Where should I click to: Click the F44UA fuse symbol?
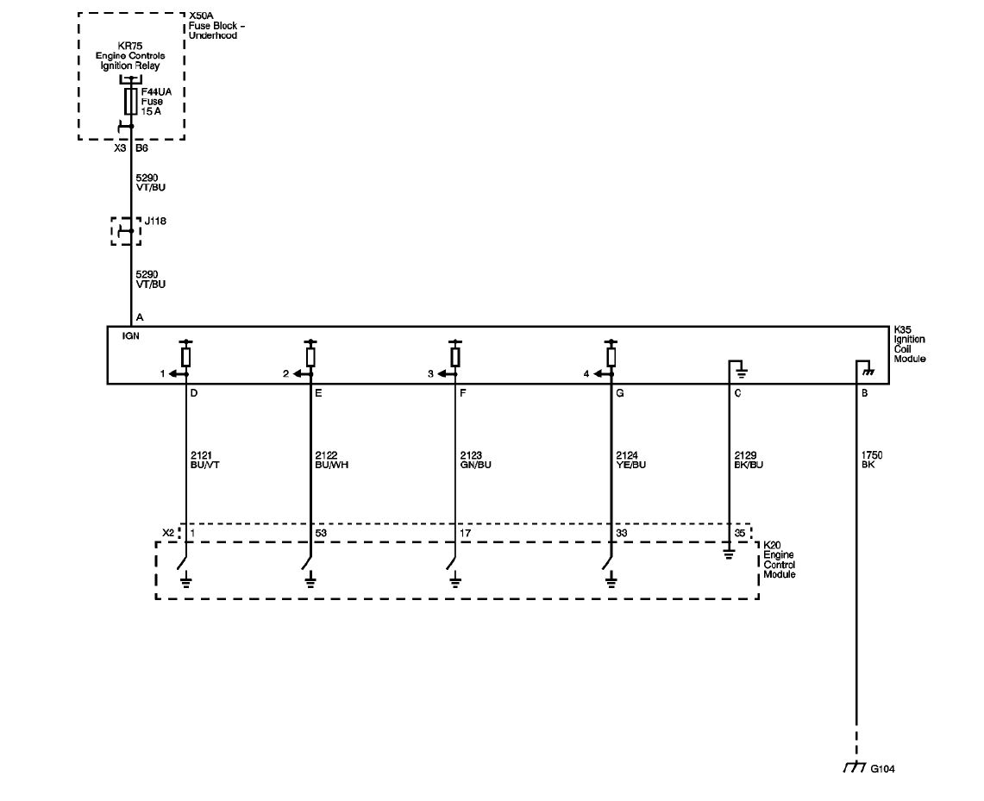click(x=130, y=101)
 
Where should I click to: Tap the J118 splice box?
click(x=126, y=231)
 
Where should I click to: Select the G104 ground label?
click(x=882, y=768)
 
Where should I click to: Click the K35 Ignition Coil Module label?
click(x=909, y=344)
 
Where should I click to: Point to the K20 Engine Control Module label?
click(x=780, y=560)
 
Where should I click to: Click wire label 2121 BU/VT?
click(x=204, y=460)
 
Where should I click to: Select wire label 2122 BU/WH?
click(x=331, y=460)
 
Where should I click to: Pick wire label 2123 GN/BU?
click(x=476, y=460)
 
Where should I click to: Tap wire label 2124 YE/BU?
click(x=630, y=460)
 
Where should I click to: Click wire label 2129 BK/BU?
click(x=749, y=460)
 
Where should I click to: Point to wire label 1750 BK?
click(x=872, y=460)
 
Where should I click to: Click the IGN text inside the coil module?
click(x=130, y=336)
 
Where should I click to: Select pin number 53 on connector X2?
click(x=321, y=533)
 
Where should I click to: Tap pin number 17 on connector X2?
click(x=465, y=533)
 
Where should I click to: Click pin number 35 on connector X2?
click(x=740, y=533)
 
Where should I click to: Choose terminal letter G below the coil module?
click(x=620, y=393)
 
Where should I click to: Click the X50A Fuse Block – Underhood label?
click(x=216, y=26)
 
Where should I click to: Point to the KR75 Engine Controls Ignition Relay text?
click(x=130, y=56)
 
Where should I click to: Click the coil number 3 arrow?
click(x=446, y=374)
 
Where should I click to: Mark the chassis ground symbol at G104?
click(x=855, y=767)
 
